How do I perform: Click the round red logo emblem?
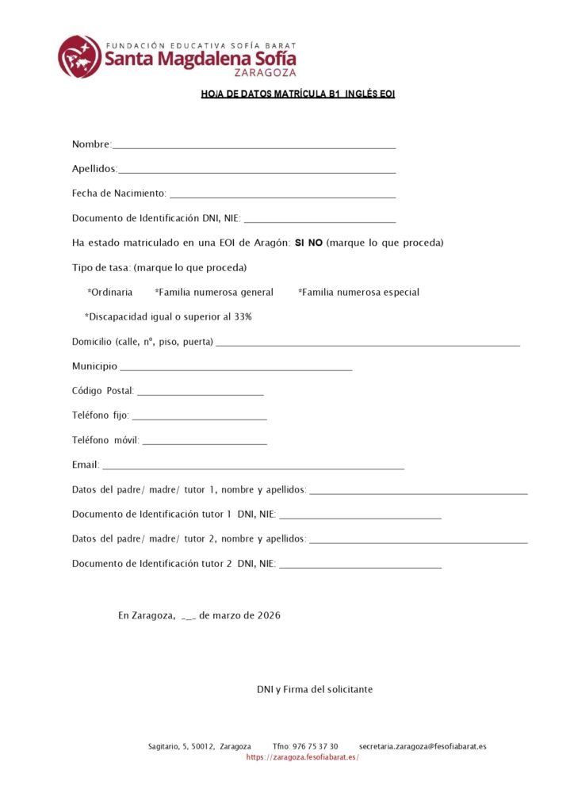(x=79, y=56)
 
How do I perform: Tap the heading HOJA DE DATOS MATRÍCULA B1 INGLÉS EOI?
(x=297, y=94)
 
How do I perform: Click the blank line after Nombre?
(x=254, y=147)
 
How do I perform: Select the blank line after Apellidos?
(x=257, y=171)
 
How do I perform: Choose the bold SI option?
(x=300, y=243)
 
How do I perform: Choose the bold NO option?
(x=316, y=243)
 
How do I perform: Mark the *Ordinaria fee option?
(x=110, y=292)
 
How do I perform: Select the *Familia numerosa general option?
(x=214, y=292)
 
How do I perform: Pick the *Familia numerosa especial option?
(x=358, y=292)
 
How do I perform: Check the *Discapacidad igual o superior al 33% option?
(x=168, y=316)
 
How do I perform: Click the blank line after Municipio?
(x=235, y=369)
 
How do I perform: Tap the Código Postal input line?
(x=201, y=393)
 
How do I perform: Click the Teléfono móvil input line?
(x=205, y=442)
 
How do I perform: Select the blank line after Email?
(x=253, y=467)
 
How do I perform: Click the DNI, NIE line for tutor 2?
(x=361, y=566)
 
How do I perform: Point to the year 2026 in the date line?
(x=269, y=615)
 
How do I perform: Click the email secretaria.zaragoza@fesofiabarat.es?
(x=423, y=746)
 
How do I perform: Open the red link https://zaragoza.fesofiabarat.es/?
(x=303, y=757)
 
